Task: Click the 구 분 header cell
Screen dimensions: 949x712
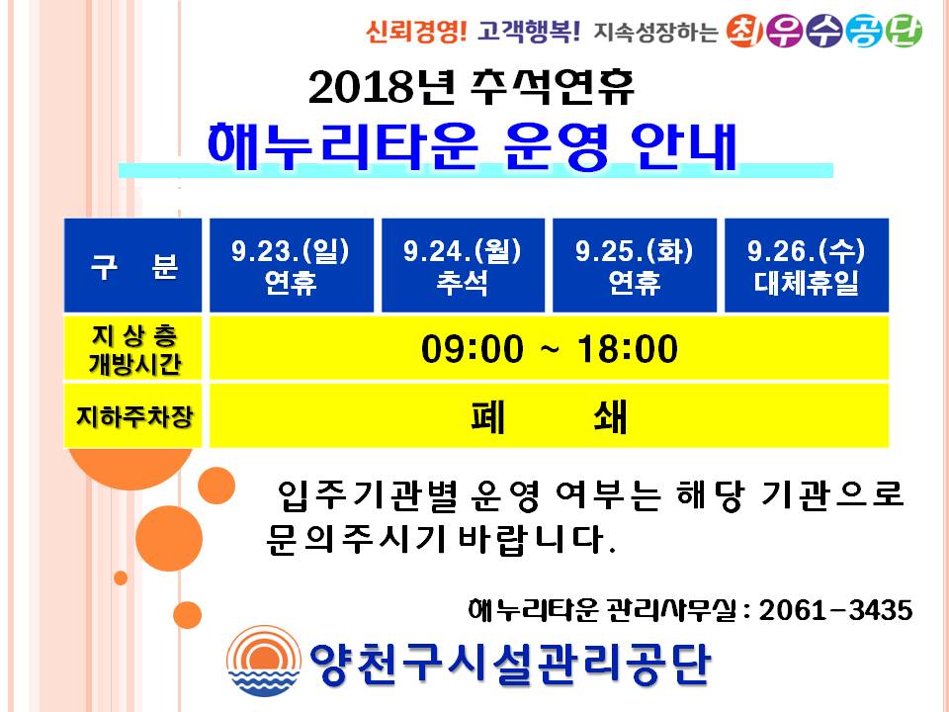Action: pyautogui.click(x=132, y=265)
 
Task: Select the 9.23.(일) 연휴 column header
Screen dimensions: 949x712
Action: pyautogui.click(x=291, y=265)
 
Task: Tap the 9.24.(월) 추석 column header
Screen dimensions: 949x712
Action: pyautogui.click(x=463, y=265)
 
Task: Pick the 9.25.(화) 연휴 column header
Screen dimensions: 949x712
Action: pyautogui.click(x=635, y=265)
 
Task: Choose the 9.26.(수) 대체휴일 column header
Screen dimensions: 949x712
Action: pyautogui.click(x=807, y=265)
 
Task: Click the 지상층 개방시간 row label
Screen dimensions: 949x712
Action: pyautogui.click(x=132, y=349)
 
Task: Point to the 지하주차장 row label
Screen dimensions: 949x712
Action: pyautogui.click(x=132, y=416)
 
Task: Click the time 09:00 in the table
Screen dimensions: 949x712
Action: pyautogui.click(x=473, y=349)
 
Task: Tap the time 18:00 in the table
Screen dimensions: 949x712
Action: pyautogui.click(x=628, y=349)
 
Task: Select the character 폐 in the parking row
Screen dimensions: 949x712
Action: pyautogui.click(x=487, y=416)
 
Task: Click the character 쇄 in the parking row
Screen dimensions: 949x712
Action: pyautogui.click(x=610, y=416)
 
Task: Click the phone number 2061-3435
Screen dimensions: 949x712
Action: pyautogui.click(x=836, y=610)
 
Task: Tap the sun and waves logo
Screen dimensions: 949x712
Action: pyautogui.click(x=264, y=661)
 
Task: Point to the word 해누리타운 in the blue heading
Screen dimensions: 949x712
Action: pyautogui.click(x=343, y=146)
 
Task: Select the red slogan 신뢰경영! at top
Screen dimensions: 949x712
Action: pyautogui.click(x=416, y=31)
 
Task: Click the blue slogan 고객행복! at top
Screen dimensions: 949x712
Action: pyautogui.click(x=528, y=31)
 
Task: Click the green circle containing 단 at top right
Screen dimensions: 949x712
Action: pyautogui.click(x=903, y=31)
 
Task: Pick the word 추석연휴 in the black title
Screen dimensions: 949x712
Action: pyautogui.click(x=552, y=87)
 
